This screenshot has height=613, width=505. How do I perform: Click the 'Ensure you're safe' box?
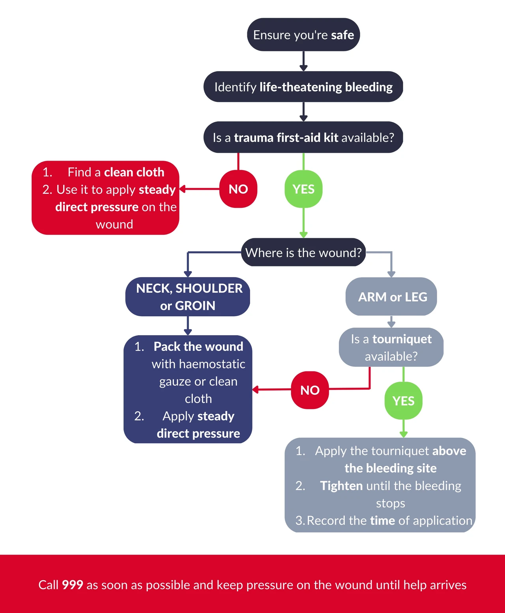(x=303, y=35)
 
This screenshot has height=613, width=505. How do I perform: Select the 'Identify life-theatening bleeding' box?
(x=303, y=86)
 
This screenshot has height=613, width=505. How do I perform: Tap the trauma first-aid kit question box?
(x=303, y=137)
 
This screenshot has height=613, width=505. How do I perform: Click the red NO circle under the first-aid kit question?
(x=238, y=189)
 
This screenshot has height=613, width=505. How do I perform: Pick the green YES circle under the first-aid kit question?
(x=303, y=189)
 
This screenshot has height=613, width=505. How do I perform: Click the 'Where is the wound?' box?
(x=303, y=252)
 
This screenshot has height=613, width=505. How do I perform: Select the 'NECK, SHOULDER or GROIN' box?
(x=188, y=296)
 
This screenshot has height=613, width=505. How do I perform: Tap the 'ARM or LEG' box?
(x=391, y=296)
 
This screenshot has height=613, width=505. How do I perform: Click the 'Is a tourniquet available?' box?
(x=391, y=347)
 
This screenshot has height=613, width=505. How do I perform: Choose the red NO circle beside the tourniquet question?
(x=310, y=390)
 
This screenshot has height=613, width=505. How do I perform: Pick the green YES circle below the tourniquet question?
(x=404, y=401)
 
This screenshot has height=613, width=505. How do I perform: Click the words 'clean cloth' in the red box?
(x=134, y=172)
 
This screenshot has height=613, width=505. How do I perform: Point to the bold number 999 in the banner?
(x=73, y=585)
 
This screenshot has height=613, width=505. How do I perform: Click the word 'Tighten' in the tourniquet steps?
(x=341, y=486)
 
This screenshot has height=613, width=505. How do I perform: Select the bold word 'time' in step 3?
(x=383, y=521)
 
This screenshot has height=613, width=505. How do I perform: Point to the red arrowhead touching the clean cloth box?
(x=183, y=189)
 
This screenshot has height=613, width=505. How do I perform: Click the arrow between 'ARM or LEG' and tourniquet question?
(x=391, y=322)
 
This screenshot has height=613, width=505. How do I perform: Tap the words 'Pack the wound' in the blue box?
(x=198, y=347)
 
